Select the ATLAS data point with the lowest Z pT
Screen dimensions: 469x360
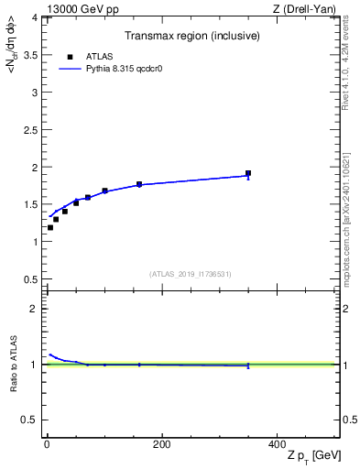(50, 227)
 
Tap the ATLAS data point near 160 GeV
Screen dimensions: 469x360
(139, 184)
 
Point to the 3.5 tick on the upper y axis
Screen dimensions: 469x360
(31, 55)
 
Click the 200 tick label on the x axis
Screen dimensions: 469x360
(161, 444)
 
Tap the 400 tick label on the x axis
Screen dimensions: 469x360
(277, 444)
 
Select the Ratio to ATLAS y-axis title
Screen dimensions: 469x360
(14, 365)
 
